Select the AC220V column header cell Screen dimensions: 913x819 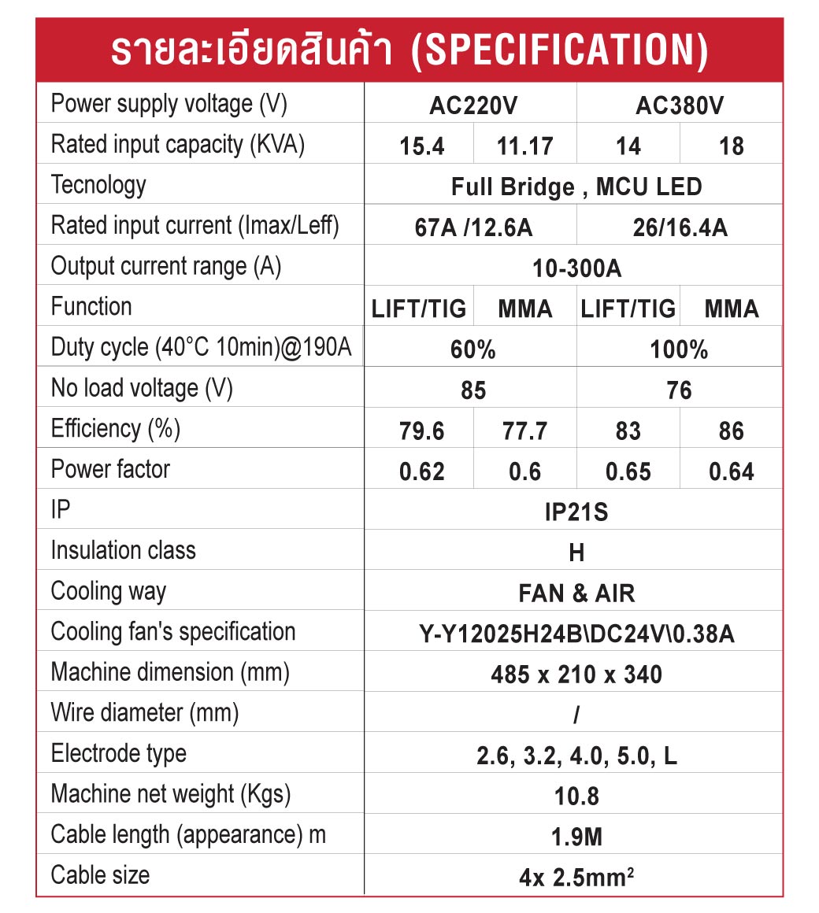pos(473,105)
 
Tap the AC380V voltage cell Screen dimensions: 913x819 pos(680,105)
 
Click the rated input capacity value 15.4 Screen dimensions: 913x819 pos(422,146)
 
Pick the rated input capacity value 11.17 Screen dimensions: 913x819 pos(524,146)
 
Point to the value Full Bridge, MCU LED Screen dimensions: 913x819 pos(576,187)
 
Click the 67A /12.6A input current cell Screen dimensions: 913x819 pos(473,228)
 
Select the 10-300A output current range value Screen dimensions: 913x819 pos(576,269)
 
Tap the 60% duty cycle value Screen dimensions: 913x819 pos(473,350)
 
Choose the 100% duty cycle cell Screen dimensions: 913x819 pos(679,350)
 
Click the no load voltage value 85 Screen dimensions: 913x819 pos(473,391)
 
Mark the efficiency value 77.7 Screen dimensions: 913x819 pos(524,431)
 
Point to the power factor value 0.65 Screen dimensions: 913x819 pos(628,472)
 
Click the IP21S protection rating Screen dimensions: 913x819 pos(576,513)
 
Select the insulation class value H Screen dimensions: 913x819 pos(576,553)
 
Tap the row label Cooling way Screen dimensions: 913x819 pos(109,592)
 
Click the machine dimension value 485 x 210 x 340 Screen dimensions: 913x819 pos(576,675)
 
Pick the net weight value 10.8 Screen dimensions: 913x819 pos(576,797)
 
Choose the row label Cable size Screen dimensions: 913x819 pos(100,875)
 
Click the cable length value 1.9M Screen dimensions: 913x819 pos(576,837)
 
